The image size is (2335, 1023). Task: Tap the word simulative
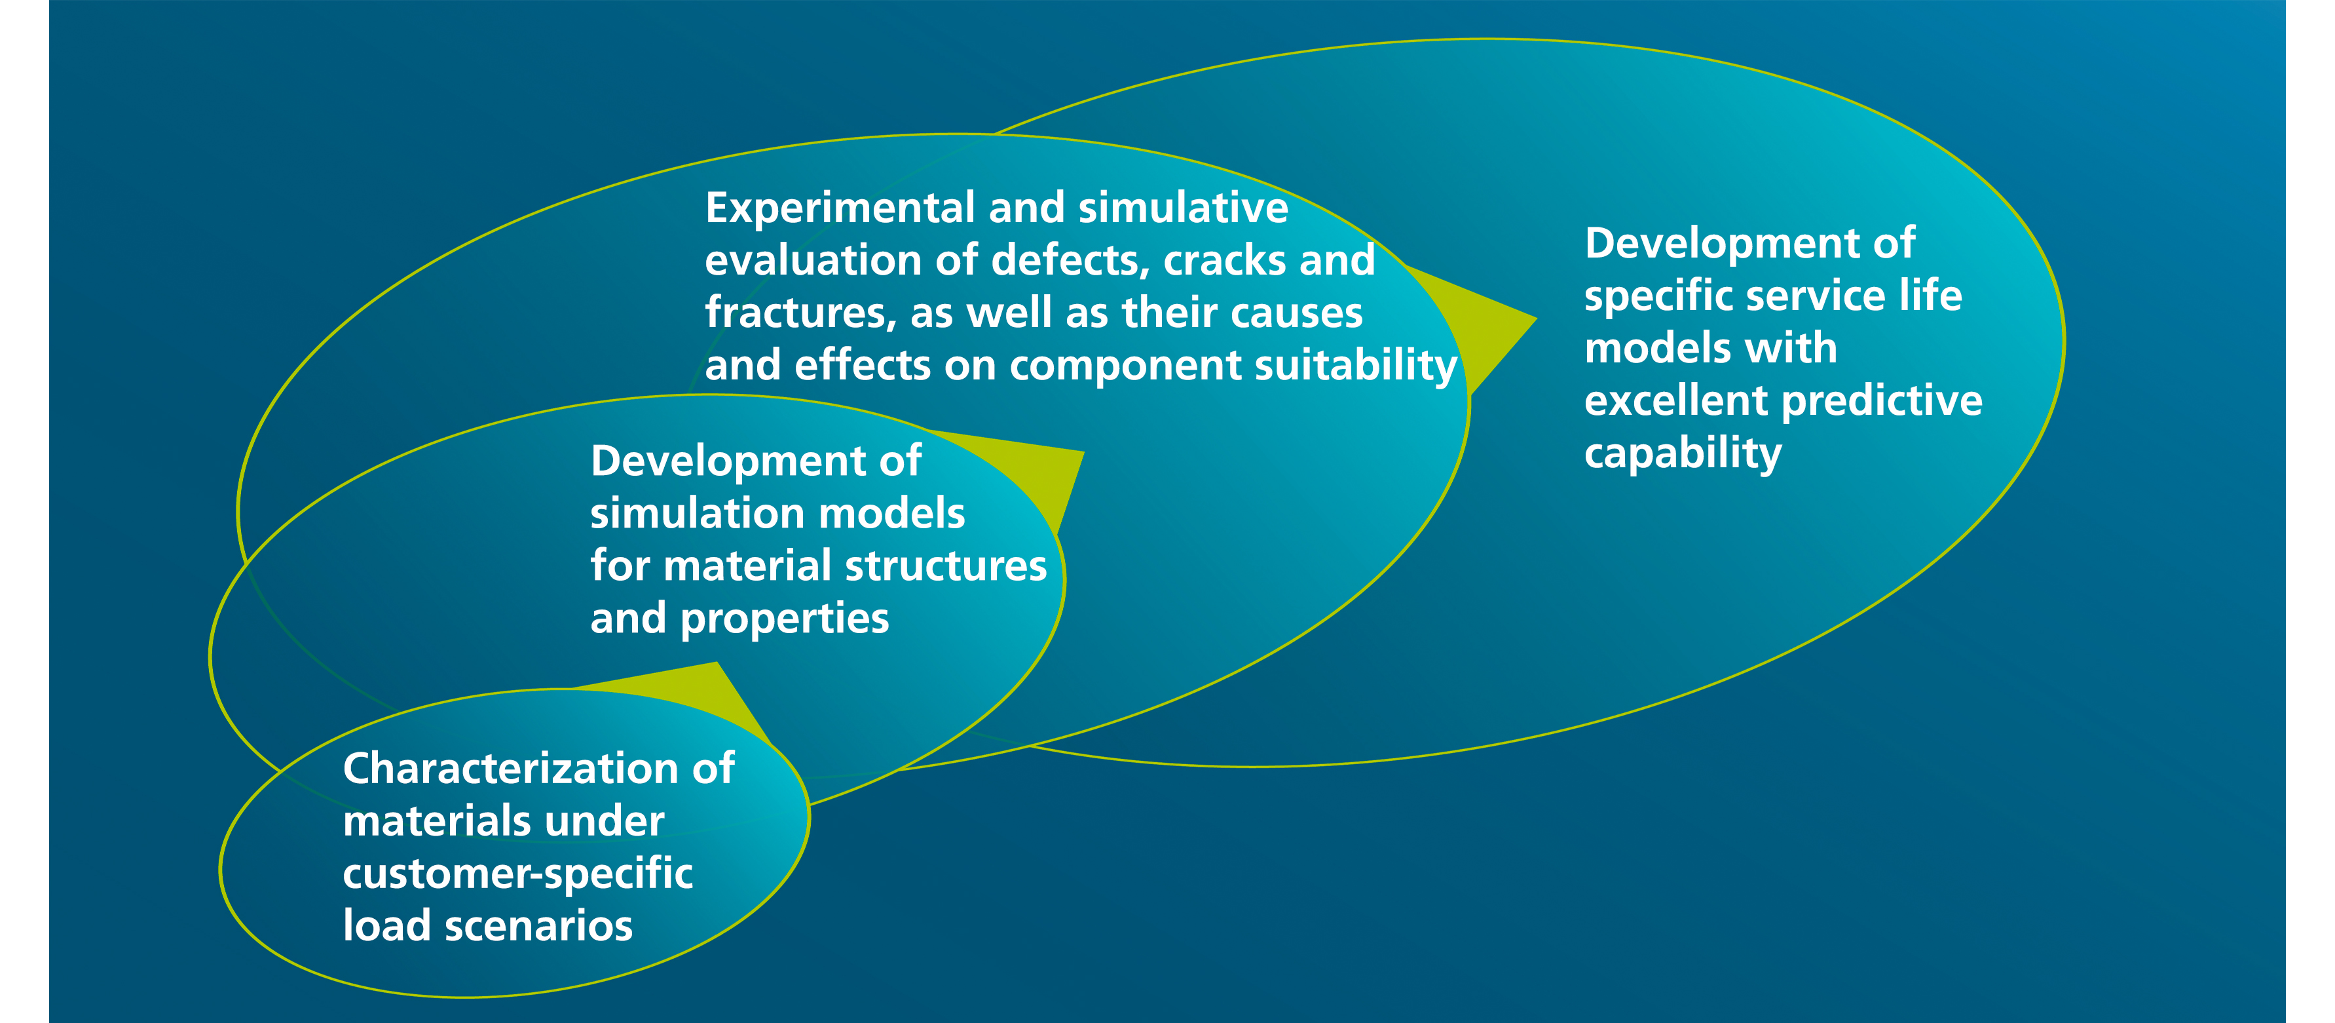(x=1183, y=208)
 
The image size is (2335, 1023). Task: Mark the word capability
(x=1683, y=454)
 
